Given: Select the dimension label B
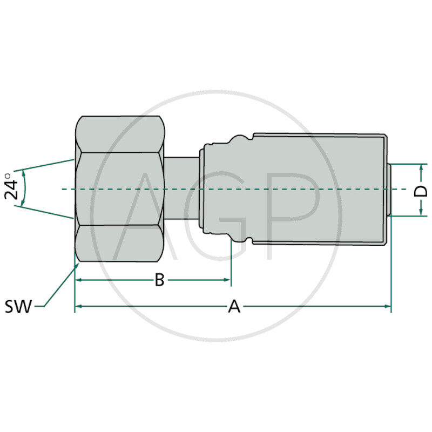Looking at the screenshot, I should tap(159, 280).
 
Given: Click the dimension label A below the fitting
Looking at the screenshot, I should tap(234, 306).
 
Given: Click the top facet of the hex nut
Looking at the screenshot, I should tap(119, 133).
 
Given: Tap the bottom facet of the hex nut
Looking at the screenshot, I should tap(119, 244).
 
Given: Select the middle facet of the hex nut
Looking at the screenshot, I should tap(119, 189).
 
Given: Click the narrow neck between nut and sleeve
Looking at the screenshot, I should tap(181, 189).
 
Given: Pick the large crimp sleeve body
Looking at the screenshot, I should tap(319, 189).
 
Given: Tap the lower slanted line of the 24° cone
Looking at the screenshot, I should tap(46, 212).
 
